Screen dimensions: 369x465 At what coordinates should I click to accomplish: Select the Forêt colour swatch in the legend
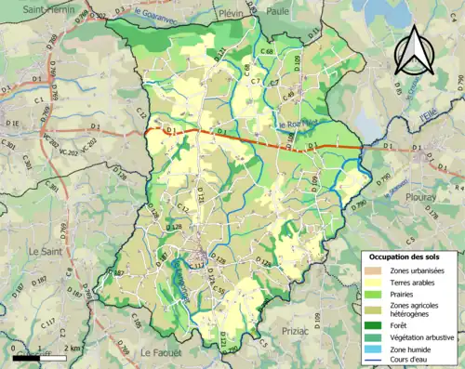click(x=376, y=324)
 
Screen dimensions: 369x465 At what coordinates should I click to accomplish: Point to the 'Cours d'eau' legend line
click(x=376, y=362)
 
